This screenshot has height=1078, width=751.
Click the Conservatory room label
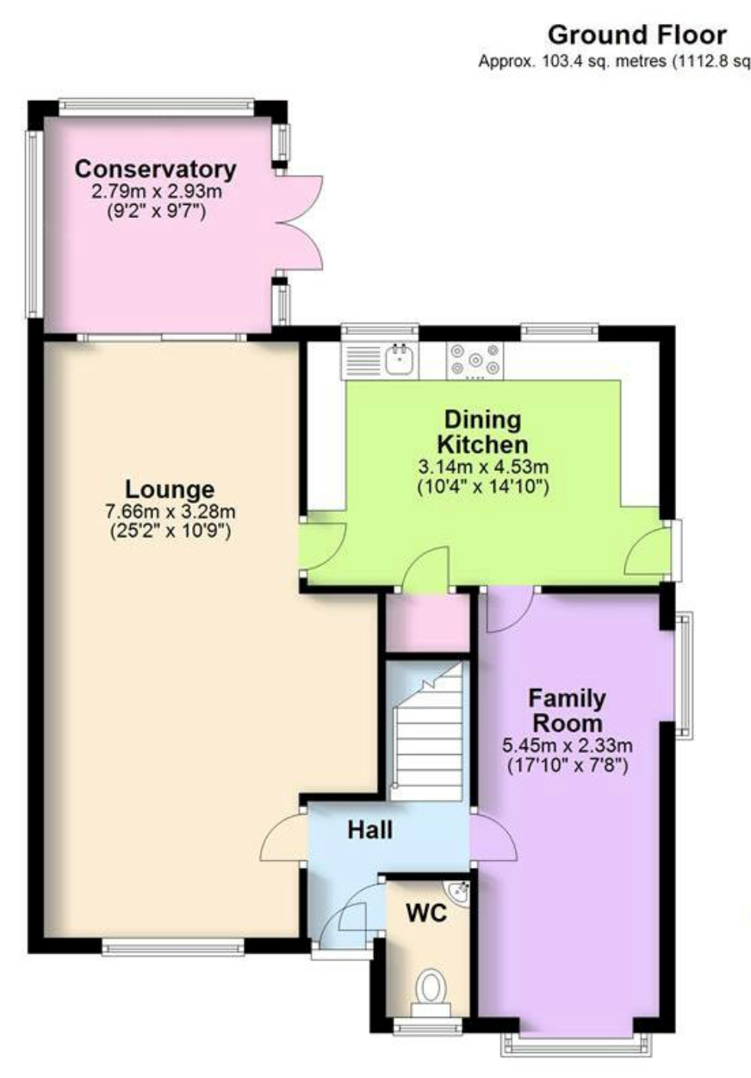click(156, 169)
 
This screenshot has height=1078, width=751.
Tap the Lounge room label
click(170, 489)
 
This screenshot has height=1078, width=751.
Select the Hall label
click(370, 830)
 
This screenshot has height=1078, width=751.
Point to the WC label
click(426, 913)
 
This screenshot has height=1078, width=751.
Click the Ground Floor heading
click(637, 35)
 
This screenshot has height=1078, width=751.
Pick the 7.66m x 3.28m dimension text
click(171, 511)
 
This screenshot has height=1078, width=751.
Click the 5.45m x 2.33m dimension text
click(568, 746)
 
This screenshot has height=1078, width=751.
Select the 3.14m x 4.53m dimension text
click(483, 467)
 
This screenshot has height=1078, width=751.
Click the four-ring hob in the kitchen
click(475, 360)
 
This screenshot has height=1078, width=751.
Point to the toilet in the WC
click(431, 988)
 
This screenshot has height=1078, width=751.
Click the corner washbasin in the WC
click(458, 893)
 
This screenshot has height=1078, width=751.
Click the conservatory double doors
click(301, 222)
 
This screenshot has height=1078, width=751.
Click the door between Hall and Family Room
click(493, 837)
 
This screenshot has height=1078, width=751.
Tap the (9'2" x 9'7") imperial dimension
click(157, 211)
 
